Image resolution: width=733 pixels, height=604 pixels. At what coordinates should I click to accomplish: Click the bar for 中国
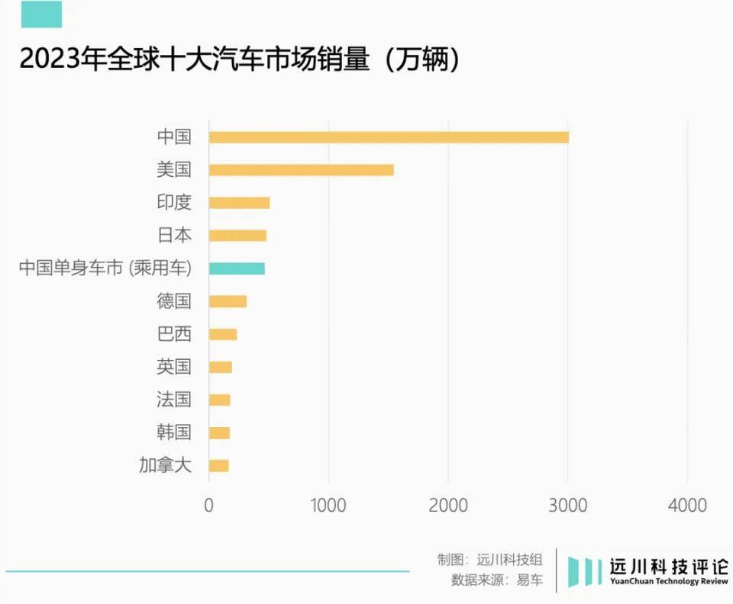(389, 137)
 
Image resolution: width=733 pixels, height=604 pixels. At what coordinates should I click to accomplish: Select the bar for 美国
(301, 170)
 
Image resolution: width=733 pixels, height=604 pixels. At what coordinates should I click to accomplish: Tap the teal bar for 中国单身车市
(237, 268)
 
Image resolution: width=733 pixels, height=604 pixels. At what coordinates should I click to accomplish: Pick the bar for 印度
(239, 203)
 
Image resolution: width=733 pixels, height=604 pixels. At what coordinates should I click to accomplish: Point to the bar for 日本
(237, 236)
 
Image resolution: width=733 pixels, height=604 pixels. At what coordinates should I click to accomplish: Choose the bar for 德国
(228, 301)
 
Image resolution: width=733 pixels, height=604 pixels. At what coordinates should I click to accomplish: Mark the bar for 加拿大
(218, 466)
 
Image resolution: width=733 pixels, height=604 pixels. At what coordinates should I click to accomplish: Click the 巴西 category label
(173, 334)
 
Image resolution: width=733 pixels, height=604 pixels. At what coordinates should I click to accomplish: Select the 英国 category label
(173, 367)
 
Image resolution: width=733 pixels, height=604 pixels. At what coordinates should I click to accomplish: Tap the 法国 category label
(173, 400)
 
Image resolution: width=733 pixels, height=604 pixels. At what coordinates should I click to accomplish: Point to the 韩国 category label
(173, 432)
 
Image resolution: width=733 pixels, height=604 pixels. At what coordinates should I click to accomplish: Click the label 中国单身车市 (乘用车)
(105, 268)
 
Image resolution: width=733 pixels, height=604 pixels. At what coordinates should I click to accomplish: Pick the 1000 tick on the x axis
(328, 505)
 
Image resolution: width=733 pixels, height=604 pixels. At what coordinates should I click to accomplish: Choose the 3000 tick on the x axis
(567, 505)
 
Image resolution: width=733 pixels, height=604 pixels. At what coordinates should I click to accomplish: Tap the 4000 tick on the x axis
(687, 505)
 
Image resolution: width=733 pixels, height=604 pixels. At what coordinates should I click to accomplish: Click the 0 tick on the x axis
(208, 505)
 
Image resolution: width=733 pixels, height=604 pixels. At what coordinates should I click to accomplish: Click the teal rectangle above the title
(41, 14)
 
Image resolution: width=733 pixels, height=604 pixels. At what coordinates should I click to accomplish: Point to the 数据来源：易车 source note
(497, 580)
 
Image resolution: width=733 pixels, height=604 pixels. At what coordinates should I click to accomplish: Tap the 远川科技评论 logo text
(668, 567)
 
